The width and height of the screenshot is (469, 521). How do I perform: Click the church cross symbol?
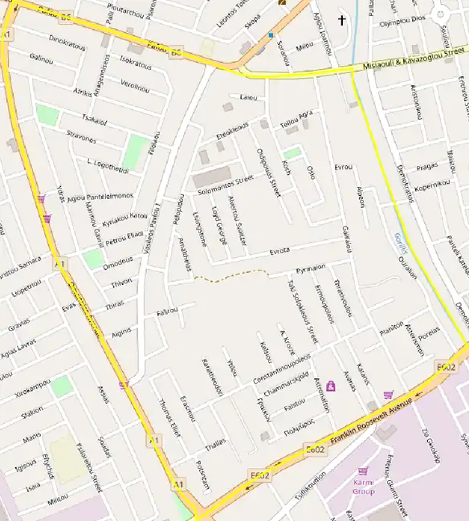[x=341, y=20]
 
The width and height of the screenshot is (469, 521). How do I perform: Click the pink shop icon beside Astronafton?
[x=330, y=386]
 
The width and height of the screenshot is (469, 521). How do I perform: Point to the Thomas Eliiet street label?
[x=168, y=416]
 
